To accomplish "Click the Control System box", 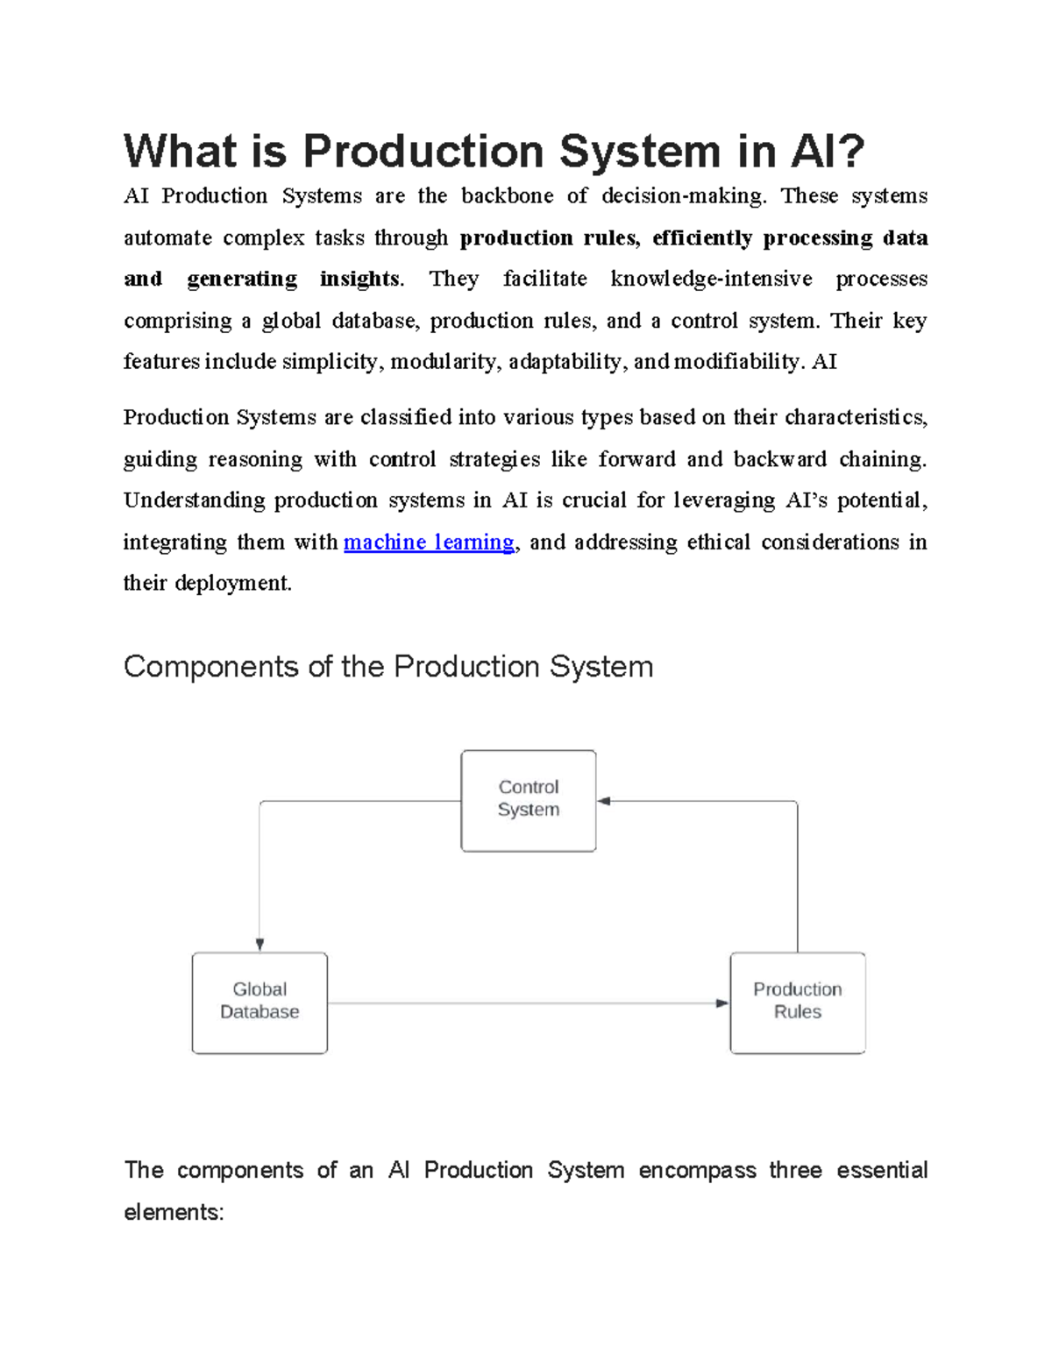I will point(529,800).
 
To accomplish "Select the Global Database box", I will point(259,1003).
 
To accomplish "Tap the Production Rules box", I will point(797,1003).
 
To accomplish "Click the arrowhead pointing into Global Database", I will point(259,945).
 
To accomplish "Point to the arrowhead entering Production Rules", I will point(722,1003).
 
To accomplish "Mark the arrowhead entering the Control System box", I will point(604,801).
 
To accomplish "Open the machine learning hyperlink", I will point(429,542).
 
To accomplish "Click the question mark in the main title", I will point(851,151).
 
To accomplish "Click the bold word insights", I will point(359,279).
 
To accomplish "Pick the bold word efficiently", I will point(702,237).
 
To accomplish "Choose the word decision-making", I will point(684,195).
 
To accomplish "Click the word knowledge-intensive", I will point(711,279).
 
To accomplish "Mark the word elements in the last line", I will point(173,1212).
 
